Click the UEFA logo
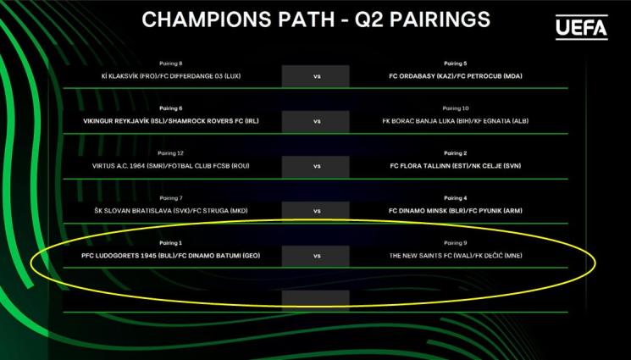click(582, 27)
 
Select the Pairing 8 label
click(170, 64)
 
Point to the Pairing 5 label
click(455, 64)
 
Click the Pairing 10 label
click(455, 108)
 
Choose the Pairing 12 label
click(170, 153)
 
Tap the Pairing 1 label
click(170, 243)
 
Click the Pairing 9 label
click(455, 243)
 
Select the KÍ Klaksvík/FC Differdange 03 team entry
click(171, 76)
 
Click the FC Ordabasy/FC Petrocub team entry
click(456, 76)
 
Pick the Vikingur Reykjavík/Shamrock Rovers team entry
click(171, 121)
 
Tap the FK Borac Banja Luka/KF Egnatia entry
click(456, 121)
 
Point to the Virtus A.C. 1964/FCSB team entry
click(170, 166)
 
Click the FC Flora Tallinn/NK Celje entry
click(456, 166)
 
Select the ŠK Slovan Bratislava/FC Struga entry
click(171, 211)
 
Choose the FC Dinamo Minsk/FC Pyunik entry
click(456, 211)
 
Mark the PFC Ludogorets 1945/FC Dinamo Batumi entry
click(170, 256)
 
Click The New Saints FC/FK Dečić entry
click(456, 256)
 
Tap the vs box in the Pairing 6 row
click(315, 121)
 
